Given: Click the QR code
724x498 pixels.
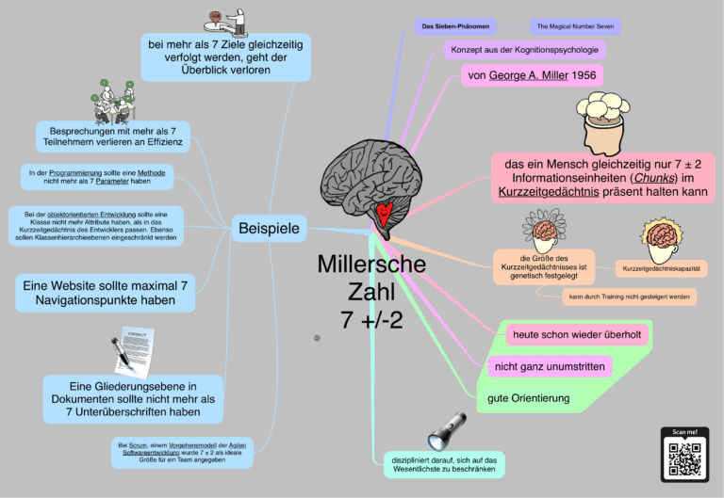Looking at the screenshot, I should point(684,459).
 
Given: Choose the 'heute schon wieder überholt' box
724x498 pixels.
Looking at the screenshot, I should point(579,335).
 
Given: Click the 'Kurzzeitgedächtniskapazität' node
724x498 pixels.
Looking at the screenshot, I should point(661,269).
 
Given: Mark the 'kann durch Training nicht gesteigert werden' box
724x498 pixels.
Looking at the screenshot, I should point(629,297).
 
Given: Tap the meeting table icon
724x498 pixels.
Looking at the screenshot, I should point(112,101).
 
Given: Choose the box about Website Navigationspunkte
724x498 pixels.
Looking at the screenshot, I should point(107,292).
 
